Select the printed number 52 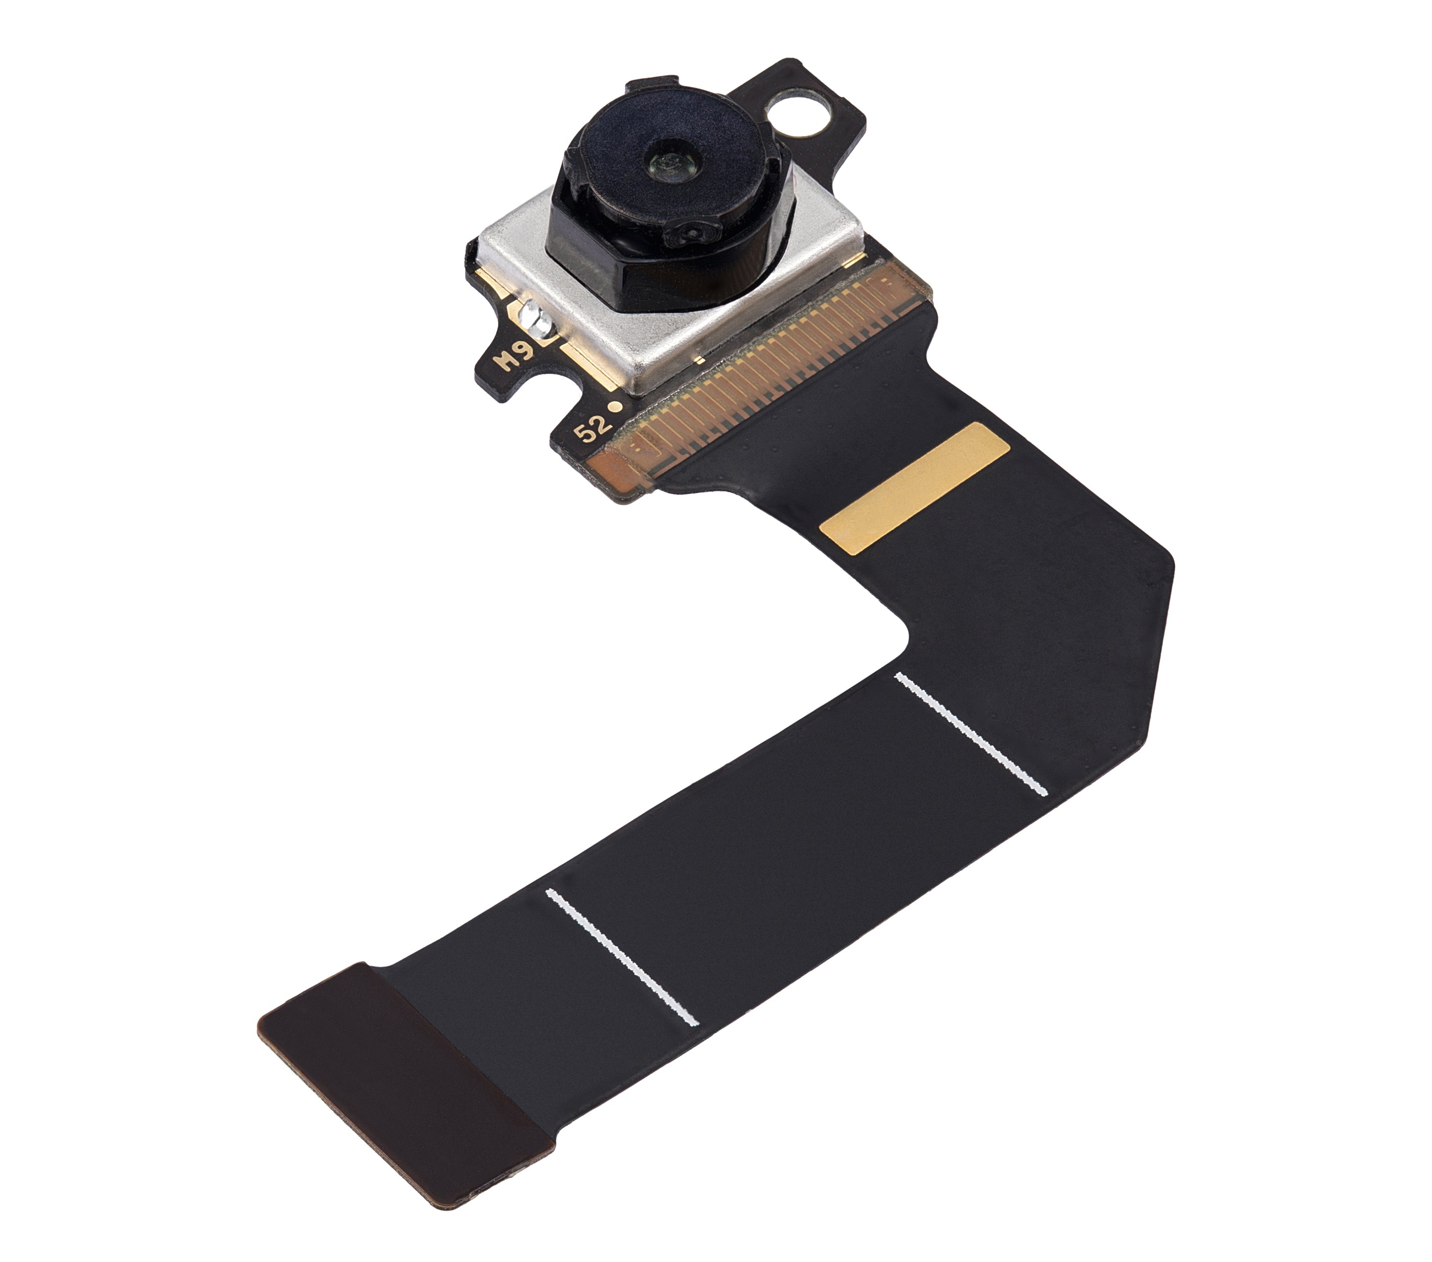[592, 426]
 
